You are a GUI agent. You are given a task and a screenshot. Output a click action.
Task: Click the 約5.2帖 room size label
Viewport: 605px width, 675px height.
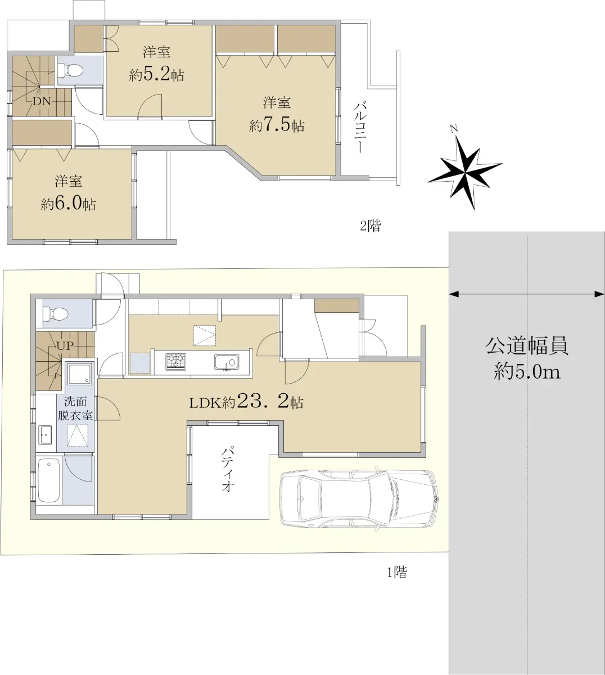156,75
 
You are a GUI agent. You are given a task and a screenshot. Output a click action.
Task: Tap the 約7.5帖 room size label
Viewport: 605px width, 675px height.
277,126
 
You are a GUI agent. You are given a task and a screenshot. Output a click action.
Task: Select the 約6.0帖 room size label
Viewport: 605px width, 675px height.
69,204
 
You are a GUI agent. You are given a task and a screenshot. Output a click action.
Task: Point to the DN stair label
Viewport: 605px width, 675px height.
42,101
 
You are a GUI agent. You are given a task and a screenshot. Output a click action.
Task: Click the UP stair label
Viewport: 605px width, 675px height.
65,346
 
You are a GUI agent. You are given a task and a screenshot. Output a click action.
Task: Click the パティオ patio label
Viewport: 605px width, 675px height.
227,470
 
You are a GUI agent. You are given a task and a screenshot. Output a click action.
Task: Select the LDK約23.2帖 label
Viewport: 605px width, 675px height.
246,402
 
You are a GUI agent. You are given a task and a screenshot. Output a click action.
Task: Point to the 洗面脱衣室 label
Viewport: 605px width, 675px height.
75,408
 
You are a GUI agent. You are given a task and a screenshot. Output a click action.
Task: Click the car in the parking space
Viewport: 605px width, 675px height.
359,499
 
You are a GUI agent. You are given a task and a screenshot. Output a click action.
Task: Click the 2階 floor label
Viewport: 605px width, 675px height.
370,226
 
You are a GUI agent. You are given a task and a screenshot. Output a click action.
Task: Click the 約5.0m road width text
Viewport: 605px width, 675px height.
527,371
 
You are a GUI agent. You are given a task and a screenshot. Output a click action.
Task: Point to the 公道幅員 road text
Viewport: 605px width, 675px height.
527,346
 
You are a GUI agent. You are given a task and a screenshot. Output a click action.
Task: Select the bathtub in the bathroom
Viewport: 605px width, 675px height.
49,480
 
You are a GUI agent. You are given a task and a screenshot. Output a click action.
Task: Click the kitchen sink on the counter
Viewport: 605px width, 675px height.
227,362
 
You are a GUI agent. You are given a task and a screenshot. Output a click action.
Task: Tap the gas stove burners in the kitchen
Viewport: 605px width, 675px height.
175,362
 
